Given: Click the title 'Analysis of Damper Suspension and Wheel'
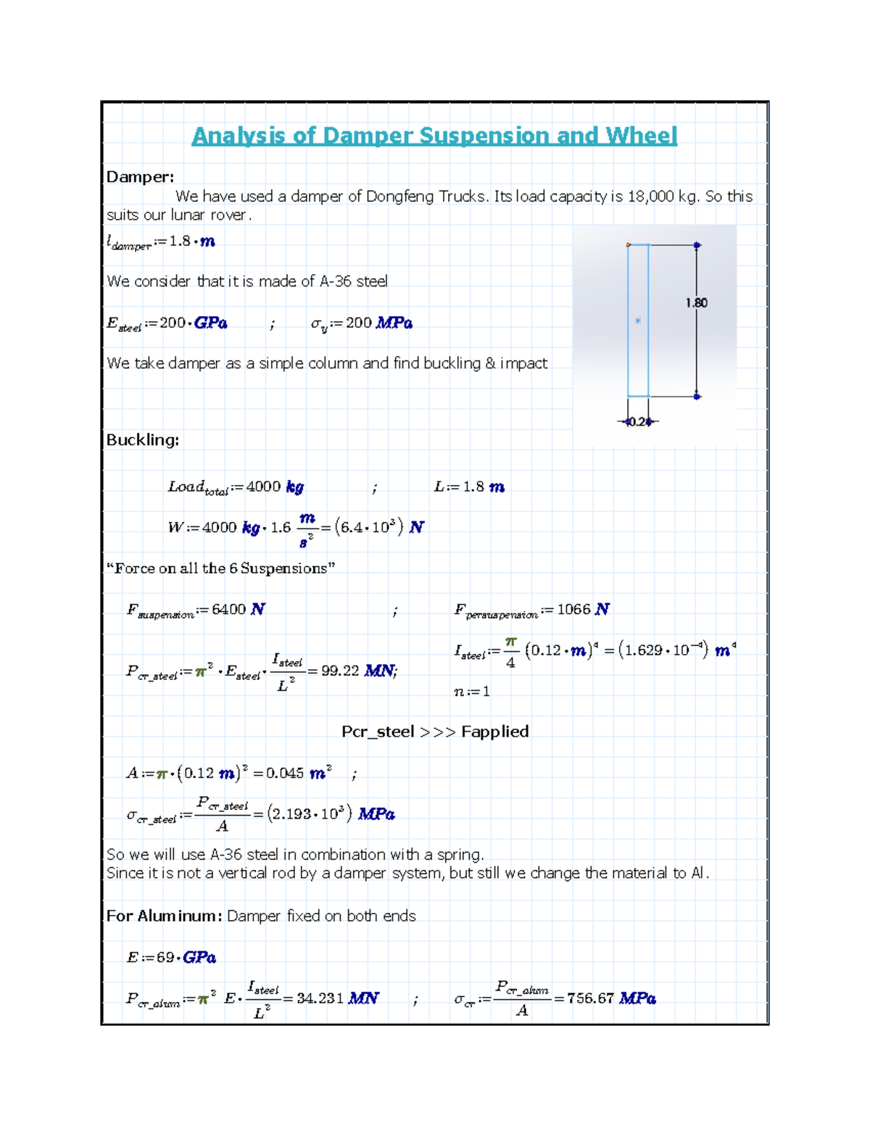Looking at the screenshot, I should pos(434,136).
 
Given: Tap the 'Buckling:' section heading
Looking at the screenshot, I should pos(142,440).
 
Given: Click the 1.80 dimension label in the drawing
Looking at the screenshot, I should pos(696,303).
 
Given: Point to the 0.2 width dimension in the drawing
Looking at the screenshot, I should pos(637,422).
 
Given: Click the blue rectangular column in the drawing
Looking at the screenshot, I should pos(638,320).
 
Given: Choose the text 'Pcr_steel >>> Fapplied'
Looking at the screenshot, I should pos(435,732).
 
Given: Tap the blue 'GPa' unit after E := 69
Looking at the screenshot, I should pos(199,958).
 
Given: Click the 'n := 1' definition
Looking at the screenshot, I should pos(472,692).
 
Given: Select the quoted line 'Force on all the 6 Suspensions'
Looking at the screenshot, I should pos(221,568).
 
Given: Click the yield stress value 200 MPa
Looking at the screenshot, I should pos(378,323).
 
